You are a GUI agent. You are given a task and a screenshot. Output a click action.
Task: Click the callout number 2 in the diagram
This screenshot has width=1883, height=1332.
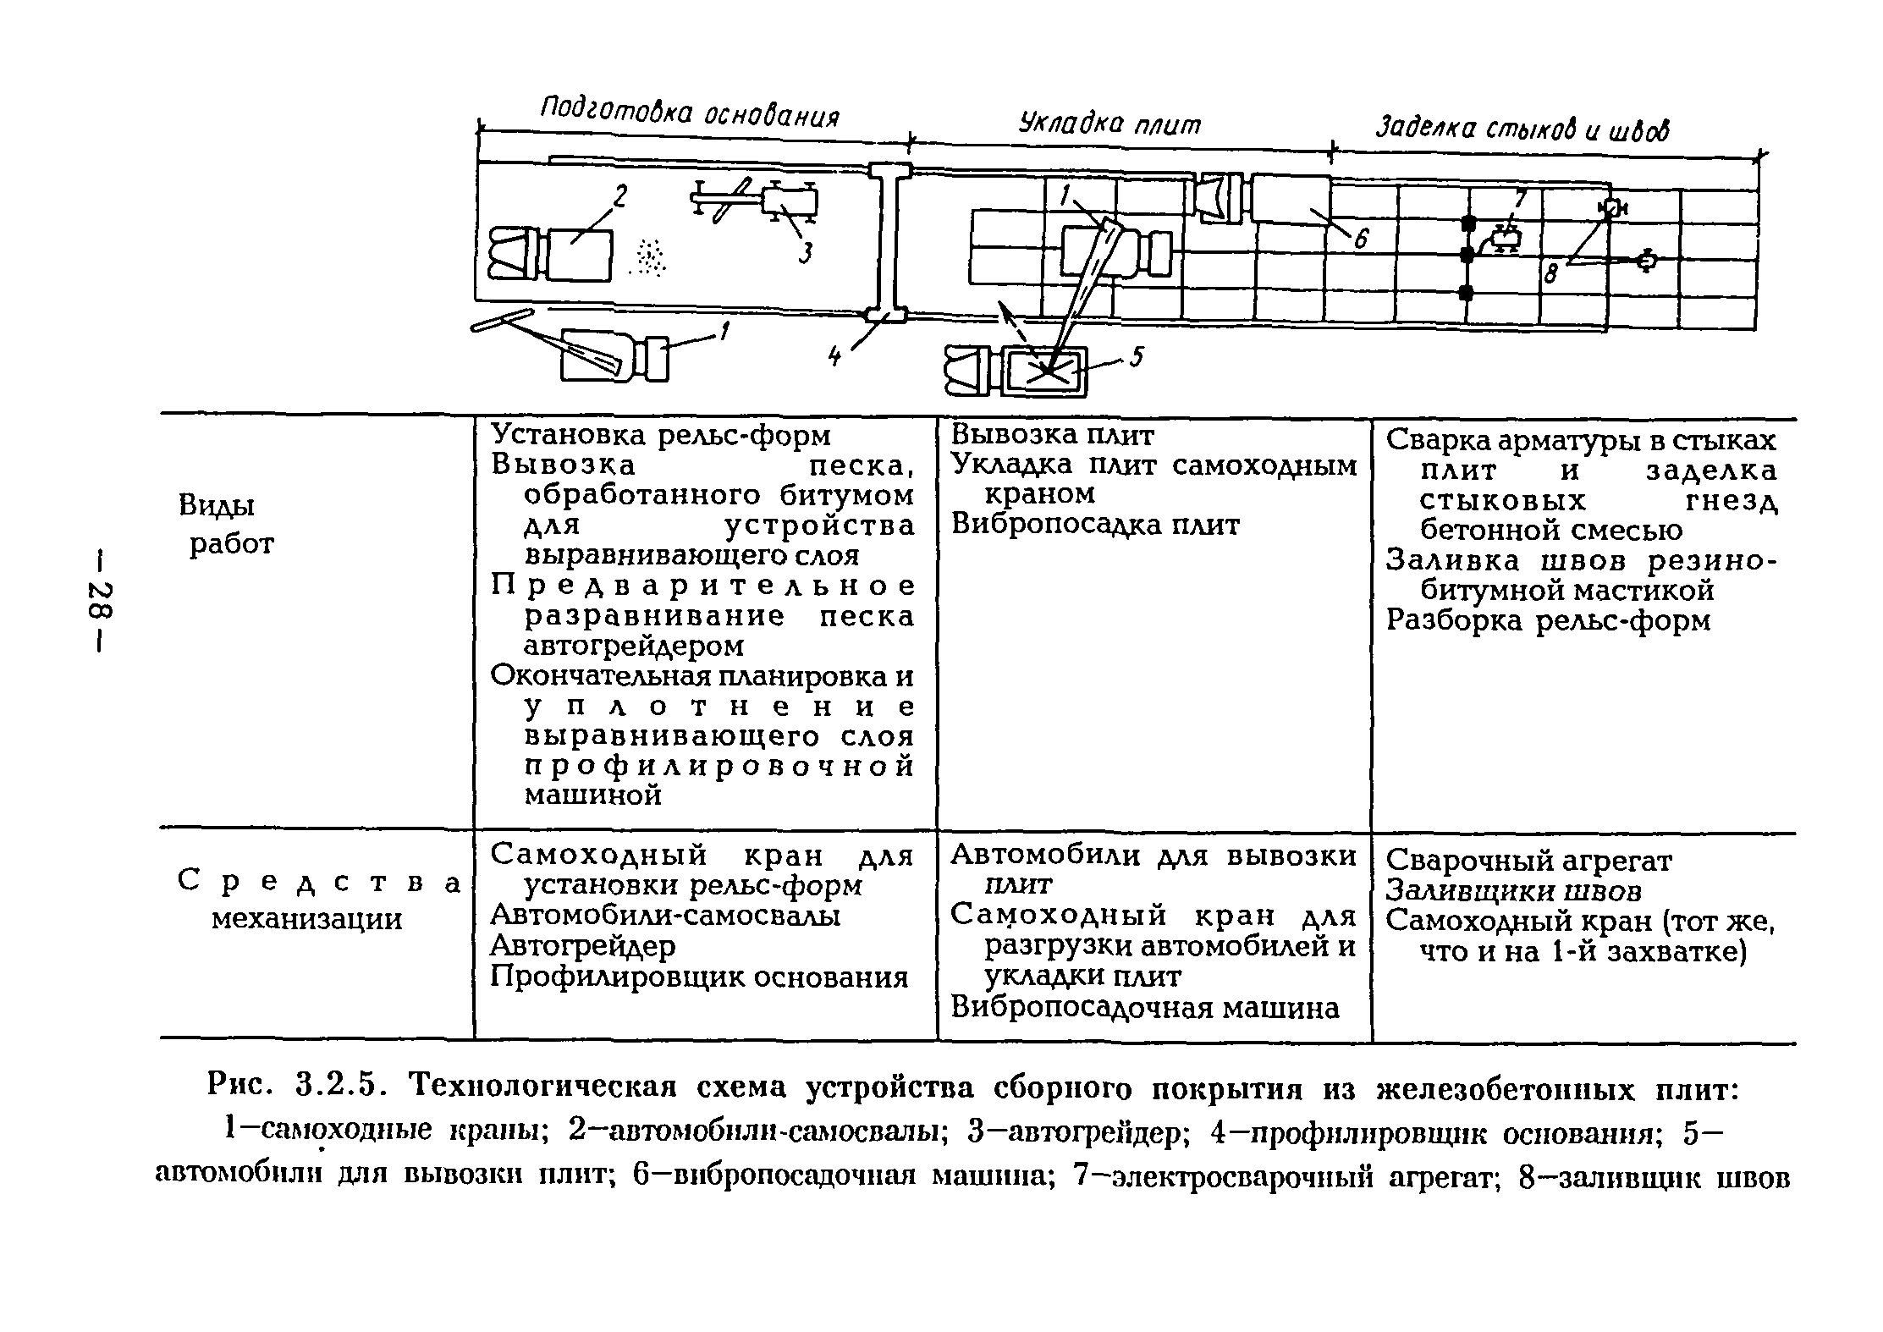tap(620, 198)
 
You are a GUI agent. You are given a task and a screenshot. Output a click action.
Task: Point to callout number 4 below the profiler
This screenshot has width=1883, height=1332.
tap(835, 357)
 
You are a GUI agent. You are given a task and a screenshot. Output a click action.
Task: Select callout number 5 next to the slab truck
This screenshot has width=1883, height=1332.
tap(1137, 359)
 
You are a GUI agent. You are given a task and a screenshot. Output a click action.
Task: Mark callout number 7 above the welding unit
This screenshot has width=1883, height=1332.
tap(1520, 199)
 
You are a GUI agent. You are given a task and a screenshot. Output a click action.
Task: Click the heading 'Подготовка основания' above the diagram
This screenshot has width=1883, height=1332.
tap(690, 111)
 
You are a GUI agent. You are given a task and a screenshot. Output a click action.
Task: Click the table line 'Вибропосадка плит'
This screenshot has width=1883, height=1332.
tap(1095, 525)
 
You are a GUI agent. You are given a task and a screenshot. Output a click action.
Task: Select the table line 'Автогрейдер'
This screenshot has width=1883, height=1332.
tap(583, 946)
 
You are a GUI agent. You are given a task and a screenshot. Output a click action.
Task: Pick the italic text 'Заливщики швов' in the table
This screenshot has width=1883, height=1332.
tap(1514, 890)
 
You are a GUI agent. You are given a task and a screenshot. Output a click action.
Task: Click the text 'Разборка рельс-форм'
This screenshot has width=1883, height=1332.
tap(1548, 620)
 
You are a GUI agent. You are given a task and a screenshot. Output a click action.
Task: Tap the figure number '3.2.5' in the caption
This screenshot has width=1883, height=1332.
tap(335, 1084)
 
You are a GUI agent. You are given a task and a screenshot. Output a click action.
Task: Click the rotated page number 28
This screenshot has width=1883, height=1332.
tap(100, 603)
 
